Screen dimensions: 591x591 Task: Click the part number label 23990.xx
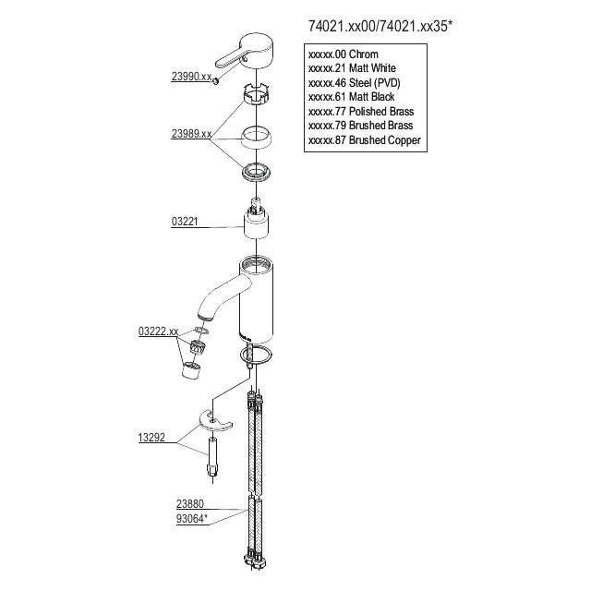point(190,77)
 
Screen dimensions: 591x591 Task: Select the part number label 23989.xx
point(190,134)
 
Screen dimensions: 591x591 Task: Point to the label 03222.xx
point(157,330)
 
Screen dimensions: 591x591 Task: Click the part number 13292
point(151,439)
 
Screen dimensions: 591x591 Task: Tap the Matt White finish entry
point(353,69)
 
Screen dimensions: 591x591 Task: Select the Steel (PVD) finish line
point(356,83)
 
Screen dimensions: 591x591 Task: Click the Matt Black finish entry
point(353,97)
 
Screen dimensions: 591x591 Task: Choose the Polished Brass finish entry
point(361,111)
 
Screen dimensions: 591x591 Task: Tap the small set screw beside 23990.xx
point(215,81)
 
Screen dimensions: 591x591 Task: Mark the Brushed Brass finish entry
point(360,126)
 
